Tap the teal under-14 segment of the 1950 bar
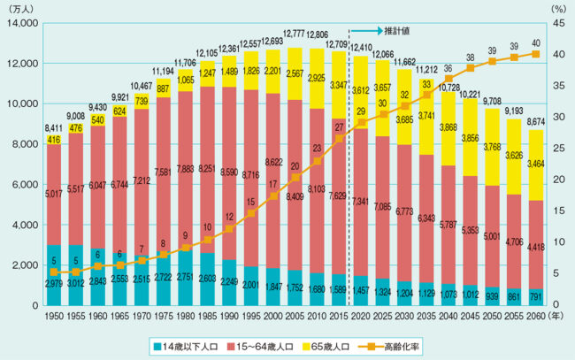point(54,274)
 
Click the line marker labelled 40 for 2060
point(536,54)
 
